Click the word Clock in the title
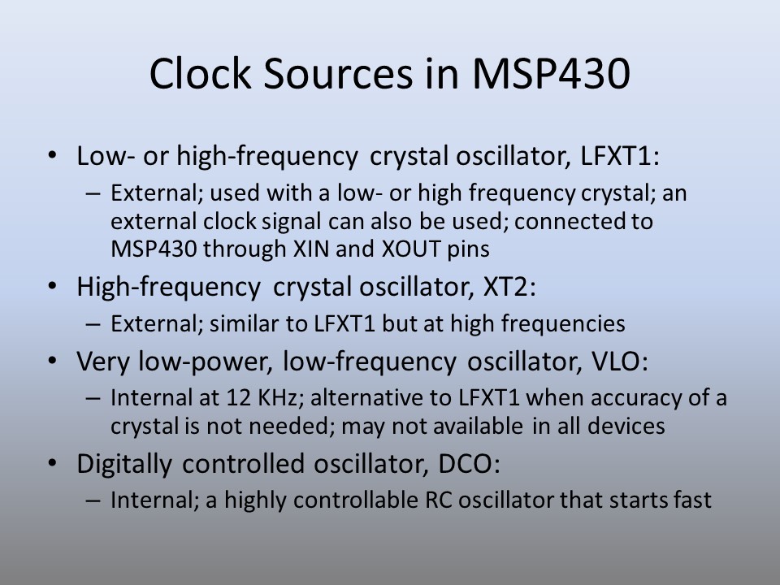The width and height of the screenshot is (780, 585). pos(200,73)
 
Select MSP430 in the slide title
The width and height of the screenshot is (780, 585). pos(551,73)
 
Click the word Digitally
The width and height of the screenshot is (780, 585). pos(124,465)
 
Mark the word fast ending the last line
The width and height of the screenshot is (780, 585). pos(692,500)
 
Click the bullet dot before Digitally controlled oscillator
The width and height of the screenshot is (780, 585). pos(52,464)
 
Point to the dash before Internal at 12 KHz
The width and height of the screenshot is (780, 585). pos(93,399)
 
